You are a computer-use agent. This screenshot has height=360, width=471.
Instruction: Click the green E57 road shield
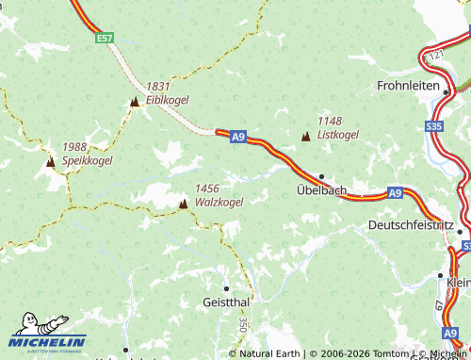coord(105,39)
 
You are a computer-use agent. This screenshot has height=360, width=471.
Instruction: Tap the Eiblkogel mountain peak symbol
coord(135,101)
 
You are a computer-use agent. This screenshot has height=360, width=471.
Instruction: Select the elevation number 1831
coord(158,86)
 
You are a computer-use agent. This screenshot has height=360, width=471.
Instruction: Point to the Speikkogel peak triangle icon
coord(50,162)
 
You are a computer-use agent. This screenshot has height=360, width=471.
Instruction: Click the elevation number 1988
coord(75,147)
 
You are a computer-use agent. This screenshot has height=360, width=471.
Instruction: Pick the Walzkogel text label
coord(219,202)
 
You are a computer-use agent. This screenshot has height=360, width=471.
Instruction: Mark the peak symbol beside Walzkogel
coord(184,203)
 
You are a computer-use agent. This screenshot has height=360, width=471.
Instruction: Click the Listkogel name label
coord(338,135)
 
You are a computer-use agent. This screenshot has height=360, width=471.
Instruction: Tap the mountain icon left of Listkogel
coord(305,137)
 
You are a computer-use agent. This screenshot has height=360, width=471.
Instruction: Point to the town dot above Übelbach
coord(321,176)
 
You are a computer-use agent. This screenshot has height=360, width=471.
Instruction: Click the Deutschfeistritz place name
coord(411,226)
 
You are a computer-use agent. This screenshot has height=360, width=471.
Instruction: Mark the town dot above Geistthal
coord(226,287)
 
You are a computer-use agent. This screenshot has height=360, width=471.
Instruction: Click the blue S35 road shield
coord(434,125)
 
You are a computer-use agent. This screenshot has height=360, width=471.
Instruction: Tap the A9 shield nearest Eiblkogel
coord(237,138)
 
